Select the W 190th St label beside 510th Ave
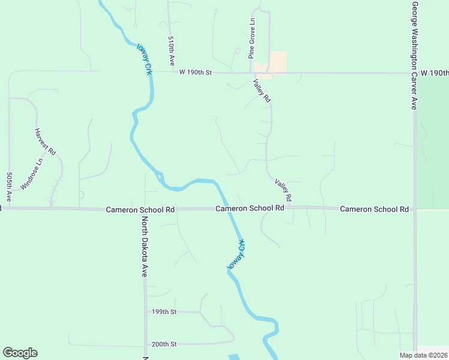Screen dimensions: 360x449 coord(196,72)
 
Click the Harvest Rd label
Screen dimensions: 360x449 coord(45,142)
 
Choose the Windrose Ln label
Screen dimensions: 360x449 coord(32,173)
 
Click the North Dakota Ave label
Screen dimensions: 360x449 coord(145,247)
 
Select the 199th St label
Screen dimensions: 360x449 coord(164,312)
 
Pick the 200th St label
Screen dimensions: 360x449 coord(164,344)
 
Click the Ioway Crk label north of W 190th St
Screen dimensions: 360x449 coord(144,59)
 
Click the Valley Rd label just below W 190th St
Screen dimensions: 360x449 coord(262,91)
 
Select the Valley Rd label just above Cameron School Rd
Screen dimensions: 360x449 coord(283,190)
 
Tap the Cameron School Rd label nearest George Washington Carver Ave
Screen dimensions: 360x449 coord(374,209)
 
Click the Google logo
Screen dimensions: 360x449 coord(20,353)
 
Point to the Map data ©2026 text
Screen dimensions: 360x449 coord(424,355)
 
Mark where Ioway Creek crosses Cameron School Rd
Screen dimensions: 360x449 coord(228,209)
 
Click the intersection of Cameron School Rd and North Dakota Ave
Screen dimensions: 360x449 coord(145,209)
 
